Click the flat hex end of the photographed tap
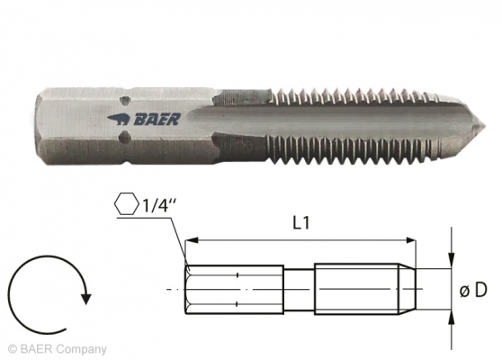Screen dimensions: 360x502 pos(41,117)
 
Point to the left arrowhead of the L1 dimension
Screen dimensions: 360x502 pos(191,240)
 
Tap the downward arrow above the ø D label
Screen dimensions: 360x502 pos(451,260)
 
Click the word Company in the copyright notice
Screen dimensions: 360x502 pos(85,348)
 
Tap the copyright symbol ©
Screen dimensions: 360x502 pos(12,348)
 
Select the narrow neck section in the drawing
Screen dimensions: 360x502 pos(299,289)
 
